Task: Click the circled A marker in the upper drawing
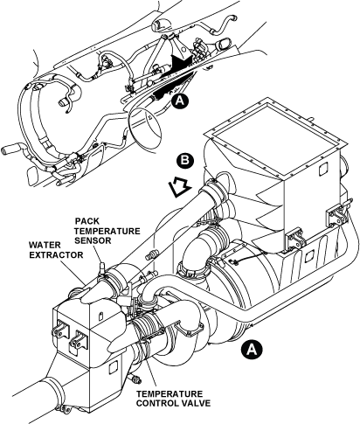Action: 180,101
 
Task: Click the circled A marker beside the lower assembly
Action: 252,349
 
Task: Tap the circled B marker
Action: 184,160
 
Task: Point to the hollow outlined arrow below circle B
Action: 179,188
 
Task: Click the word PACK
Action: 87,221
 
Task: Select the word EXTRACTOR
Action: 56,255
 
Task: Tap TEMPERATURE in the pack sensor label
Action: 107,231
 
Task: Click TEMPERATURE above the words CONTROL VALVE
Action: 170,393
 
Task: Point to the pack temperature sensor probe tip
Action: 102,265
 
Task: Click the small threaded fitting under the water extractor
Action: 135,379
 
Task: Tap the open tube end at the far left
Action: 6,151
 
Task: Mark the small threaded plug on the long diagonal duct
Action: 151,254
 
